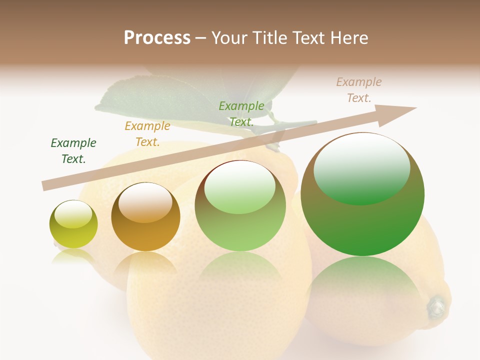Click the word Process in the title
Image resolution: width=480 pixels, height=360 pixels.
157,38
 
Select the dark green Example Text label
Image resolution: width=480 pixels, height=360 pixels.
73,151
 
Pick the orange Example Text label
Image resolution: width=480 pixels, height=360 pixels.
147,134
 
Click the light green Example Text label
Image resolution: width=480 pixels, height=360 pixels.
241,114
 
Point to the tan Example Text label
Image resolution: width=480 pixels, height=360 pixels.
359,90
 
